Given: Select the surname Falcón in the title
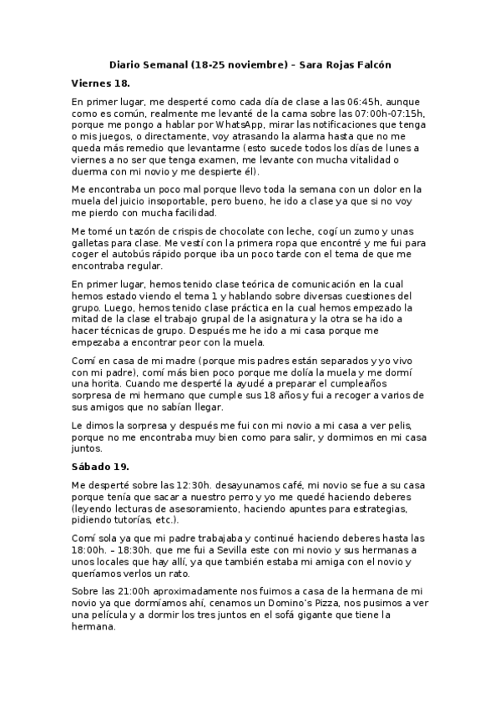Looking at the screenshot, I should click(x=371, y=64).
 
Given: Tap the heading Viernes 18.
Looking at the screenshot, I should click(x=100, y=83).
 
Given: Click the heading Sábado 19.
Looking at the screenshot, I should click(x=99, y=466).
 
